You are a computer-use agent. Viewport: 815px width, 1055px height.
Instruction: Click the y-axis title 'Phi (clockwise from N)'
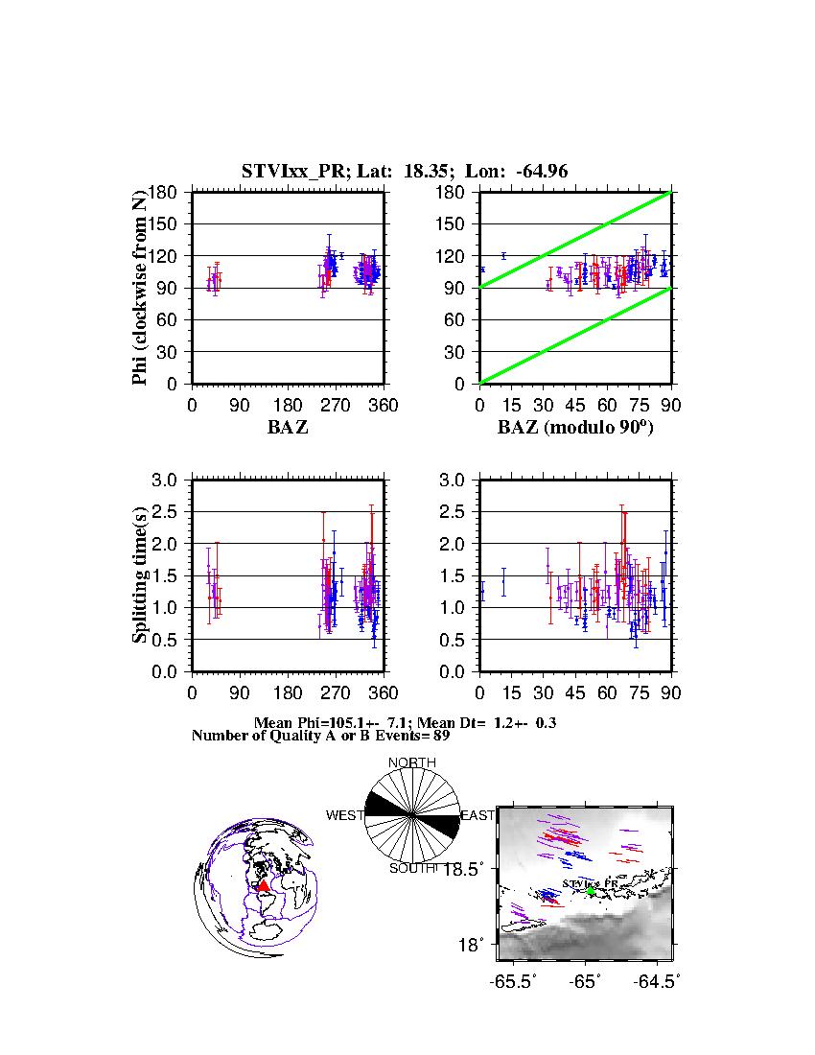click(140, 288)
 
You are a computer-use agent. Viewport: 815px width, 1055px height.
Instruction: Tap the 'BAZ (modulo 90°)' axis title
click(574, 428)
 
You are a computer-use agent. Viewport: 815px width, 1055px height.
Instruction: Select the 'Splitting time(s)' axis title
click(140, 575)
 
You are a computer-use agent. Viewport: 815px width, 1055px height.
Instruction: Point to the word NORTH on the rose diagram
click(412, 763)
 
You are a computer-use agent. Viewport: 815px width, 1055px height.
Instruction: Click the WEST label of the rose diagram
click(345, 816)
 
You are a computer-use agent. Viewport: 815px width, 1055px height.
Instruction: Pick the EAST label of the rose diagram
click(477, 816)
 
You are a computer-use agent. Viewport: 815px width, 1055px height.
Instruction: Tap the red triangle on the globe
click(264, 885)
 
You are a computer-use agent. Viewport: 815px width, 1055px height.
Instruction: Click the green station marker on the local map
click(591, 891)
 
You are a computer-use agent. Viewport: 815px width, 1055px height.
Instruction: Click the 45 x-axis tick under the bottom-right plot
click(575, 693)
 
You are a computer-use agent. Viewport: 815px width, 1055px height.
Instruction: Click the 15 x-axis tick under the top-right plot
click(511, 406)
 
